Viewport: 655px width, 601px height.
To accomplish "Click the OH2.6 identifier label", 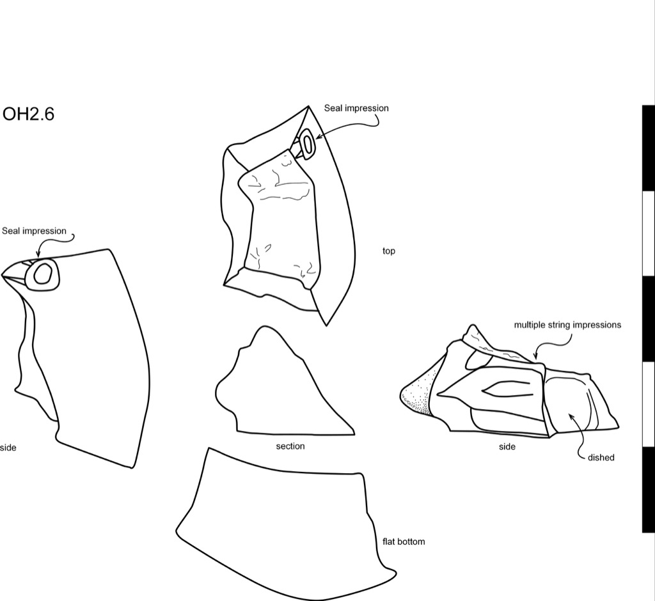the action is tap(28, 114).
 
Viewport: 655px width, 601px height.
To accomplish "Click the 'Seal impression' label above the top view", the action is tap(356, 108).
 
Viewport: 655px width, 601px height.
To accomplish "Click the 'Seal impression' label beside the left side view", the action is tap(35, 231).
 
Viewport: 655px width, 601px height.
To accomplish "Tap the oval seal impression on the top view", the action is tap(307, 144).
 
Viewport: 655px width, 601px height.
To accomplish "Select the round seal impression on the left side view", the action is tap(42, 274).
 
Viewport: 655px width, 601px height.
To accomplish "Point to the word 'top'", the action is tap(388, 251).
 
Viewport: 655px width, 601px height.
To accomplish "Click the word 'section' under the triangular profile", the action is tap(290, 446).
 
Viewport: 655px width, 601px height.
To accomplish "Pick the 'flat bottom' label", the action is tap(404, 542).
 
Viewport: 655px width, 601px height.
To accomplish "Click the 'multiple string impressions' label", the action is tap(567, 325).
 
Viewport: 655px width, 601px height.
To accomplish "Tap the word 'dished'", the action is tap(601, 457).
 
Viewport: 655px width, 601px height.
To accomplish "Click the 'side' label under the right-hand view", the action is tap(507, 446).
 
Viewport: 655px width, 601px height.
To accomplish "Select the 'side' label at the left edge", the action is tap(8, 448).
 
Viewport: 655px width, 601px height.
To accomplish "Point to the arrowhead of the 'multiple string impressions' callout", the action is tap(535, 357).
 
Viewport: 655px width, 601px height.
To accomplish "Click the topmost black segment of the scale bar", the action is tap(649, 148).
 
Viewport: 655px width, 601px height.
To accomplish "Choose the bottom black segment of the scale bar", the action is tap(649, 490).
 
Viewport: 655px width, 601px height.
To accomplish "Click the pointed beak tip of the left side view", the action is tap(2, 276).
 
